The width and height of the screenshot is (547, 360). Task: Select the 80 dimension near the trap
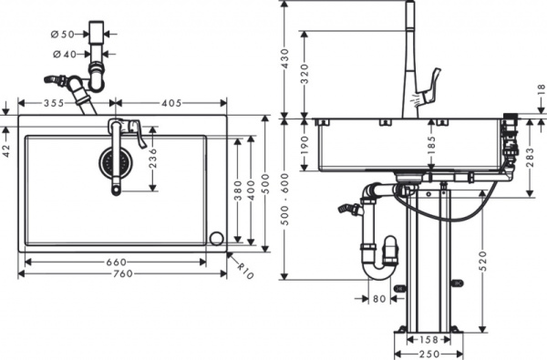[378, 298]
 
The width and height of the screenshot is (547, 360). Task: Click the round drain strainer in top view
[115, 163]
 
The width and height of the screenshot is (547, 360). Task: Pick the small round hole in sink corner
[216, 239]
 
